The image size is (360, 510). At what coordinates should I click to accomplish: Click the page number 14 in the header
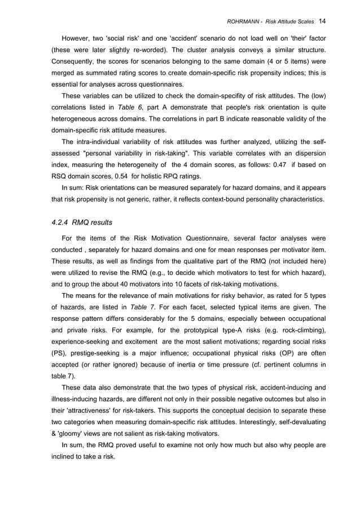click(322, 21)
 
